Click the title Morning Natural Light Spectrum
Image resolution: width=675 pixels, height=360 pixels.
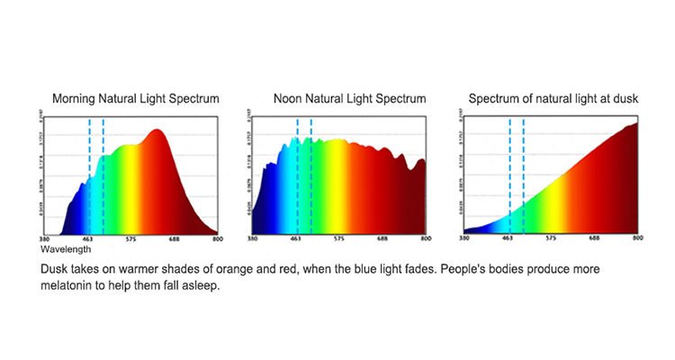coord(135,97)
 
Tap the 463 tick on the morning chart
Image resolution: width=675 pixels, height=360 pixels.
coord(89,240)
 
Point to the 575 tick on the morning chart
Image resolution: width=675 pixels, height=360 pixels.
coord(131,240)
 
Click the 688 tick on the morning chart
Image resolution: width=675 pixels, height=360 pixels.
coord(175,240)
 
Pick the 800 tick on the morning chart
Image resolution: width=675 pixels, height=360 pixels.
coord(216,240)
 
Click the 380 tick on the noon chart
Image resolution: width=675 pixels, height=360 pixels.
coord(253,240)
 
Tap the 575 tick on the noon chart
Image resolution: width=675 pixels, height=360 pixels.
coord(339,240)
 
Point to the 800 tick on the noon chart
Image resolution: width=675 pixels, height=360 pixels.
coord(425,240)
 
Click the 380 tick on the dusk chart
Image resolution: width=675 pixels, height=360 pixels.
coord(463,240)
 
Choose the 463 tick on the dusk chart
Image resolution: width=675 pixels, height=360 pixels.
coord(508,240)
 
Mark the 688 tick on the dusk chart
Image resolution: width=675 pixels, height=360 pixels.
coord(595,240)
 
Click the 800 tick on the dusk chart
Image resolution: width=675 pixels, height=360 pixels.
coord(636,240)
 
